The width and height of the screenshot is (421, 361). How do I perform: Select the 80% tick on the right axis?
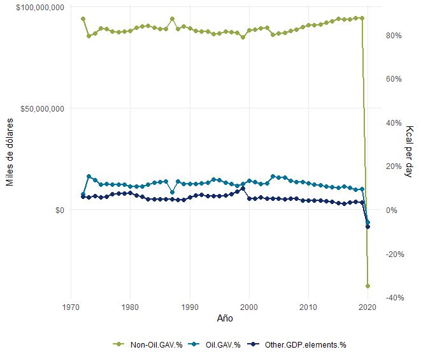tap(394, 36)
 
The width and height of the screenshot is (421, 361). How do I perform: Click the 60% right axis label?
tap(394, 79)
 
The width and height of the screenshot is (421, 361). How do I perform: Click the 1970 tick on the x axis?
tap(71, 306)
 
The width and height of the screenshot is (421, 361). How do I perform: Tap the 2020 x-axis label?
tap(367, 306)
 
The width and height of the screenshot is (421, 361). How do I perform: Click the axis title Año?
tap(225, 318)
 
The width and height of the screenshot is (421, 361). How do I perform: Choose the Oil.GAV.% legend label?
tap(223, 345)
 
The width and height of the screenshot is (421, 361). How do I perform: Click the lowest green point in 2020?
tap(367, 286)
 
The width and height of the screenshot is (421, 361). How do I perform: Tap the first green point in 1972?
tap(83, 18)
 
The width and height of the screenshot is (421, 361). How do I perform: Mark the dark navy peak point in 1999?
tap(243, 189)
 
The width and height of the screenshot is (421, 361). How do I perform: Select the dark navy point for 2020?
tap(367, 226)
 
